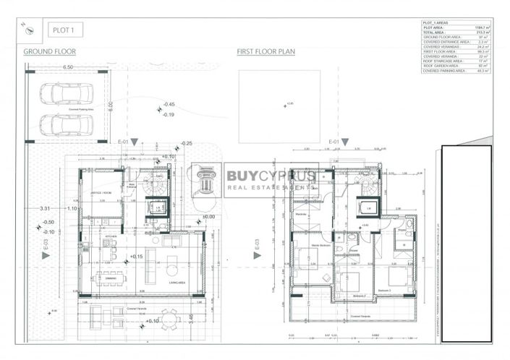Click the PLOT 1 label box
[65, 30]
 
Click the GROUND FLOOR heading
[50, 51]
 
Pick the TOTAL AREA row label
[435, 32]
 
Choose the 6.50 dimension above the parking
[68, 67]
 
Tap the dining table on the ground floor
[110, 275]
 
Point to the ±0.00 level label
[208, 216]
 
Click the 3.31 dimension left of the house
[45, 208]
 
